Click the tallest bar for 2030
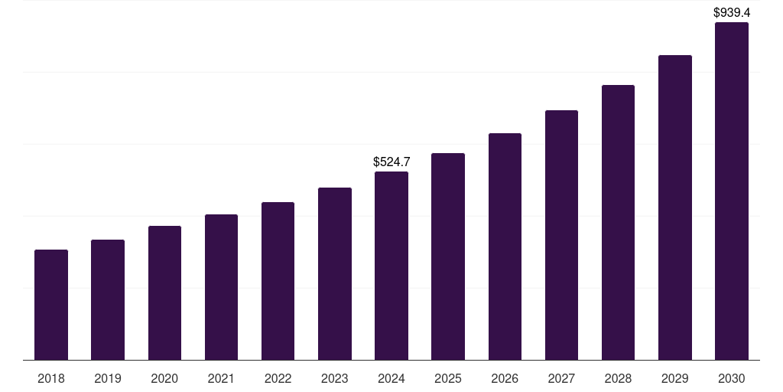point(732,191)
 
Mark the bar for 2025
point(448,256)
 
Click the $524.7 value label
point(391,162)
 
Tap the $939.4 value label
point(732,12)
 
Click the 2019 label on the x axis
point(108,378)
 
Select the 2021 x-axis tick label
point(221,378)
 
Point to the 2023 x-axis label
point(335,378)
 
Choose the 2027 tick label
point(561,378)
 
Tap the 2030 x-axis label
point(732,378)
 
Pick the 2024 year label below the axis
point(391,378)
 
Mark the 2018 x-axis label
point(51,378)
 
